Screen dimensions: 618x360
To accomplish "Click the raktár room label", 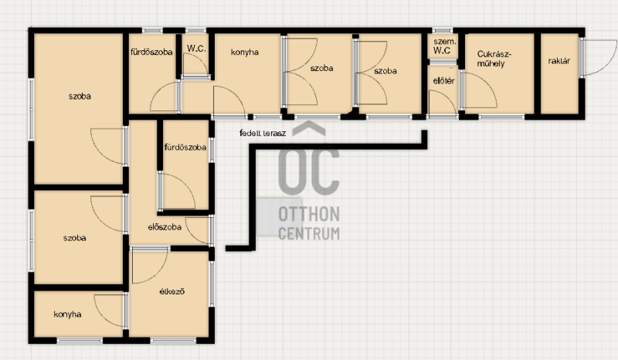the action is tap(559, 61).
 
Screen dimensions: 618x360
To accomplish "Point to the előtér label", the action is tap(443, 81).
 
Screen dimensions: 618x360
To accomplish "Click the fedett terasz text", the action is tap(263, 133).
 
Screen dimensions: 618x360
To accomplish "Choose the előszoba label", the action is tap(165, 227).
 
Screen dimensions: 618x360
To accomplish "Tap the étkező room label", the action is tap(171, 292).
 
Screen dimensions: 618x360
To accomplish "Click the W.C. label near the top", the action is tap(196, 49).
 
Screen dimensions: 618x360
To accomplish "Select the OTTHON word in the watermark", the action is tap(309, 215).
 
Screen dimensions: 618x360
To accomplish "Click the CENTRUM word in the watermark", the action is tap(309, 233).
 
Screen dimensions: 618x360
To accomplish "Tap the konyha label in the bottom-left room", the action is tap(67, 314).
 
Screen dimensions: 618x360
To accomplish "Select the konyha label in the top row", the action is tap(245, 52).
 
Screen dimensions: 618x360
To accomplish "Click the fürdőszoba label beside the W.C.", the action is tap(151, 52).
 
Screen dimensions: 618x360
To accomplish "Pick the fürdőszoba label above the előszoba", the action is tap(185, 148).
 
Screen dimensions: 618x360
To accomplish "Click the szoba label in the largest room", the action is tap(80, 97).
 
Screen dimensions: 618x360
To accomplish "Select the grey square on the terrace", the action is tap(280, 217).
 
